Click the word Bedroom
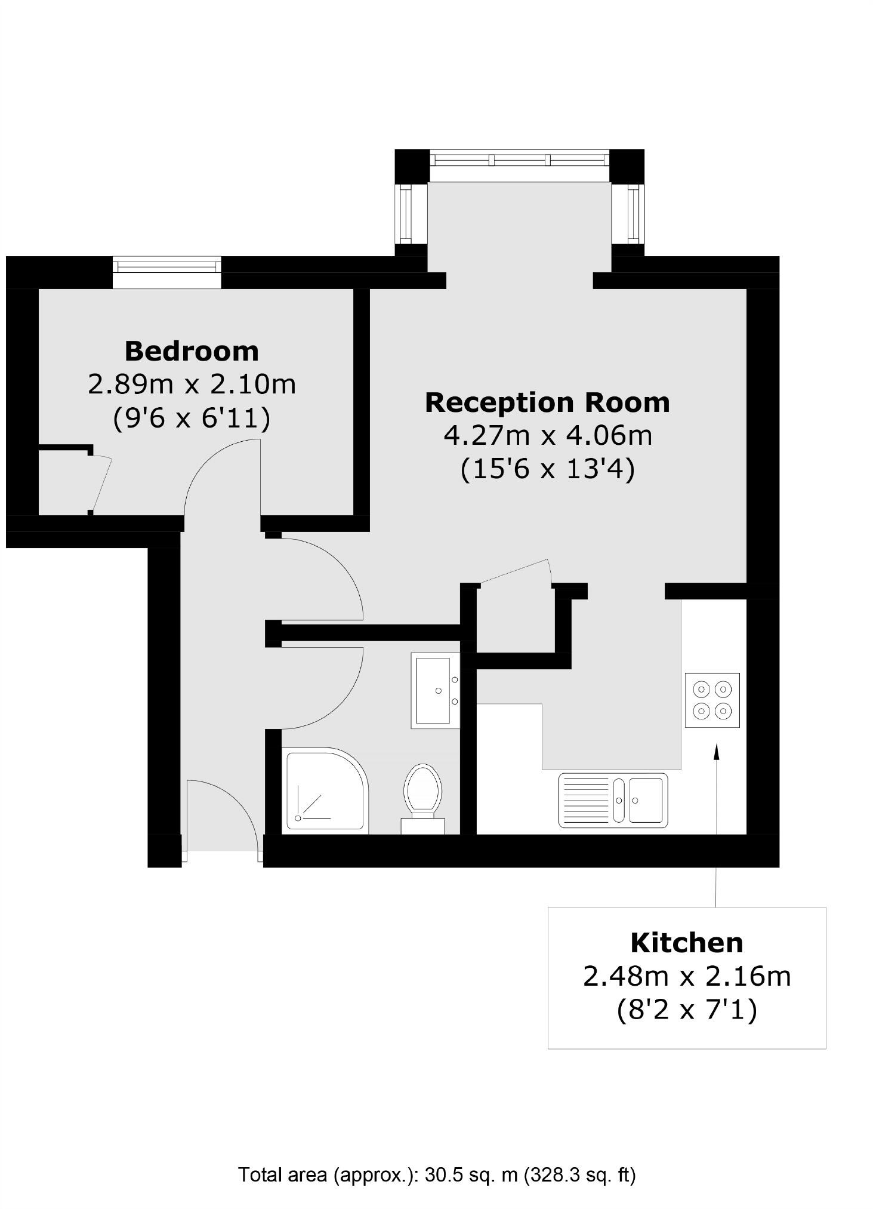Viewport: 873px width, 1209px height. pos(192,351)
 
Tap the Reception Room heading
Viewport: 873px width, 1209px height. pos(547,402)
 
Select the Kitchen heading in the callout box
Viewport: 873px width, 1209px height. pos(687,943)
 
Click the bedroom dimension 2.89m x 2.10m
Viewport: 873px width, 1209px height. pos(192,384)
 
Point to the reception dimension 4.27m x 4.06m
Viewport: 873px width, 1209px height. pos(547,435)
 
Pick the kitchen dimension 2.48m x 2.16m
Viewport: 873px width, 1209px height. pos(687,977)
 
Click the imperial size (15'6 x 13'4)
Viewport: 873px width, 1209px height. pos(547,469)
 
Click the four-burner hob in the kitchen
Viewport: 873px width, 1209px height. pos(712,700)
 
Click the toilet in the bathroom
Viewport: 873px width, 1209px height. pos(422,793)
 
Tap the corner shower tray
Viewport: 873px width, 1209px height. pos(325,789)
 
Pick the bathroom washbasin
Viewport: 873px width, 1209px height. pos(435,690)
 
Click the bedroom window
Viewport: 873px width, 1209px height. pos(166,264)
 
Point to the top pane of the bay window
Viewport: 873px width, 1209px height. pos(520,159)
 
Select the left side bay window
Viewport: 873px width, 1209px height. pos(406,213)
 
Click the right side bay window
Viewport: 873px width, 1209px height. pos(633,213)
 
